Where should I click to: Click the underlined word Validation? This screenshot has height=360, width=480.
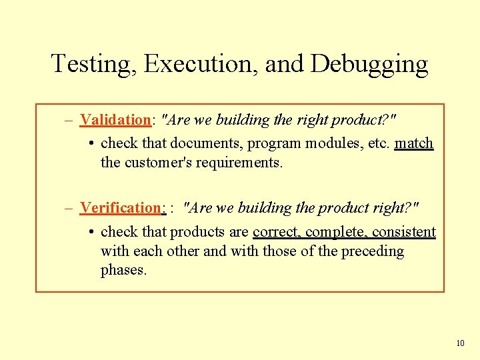[115, 120]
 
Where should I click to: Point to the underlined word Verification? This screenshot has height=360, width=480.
[121, 207]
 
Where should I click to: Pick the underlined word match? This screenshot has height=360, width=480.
[414, 143]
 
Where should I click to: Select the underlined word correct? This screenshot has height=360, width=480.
[277, 232]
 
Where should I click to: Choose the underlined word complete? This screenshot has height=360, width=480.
[336, 232]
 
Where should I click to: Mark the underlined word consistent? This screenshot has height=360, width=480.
[404, 232]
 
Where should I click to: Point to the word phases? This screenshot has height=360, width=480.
[123, 271]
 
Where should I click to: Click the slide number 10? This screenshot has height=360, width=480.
[460, 343]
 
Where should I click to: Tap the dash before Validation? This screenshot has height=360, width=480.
[69, 121]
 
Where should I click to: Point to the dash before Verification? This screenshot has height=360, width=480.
[69, 208]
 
